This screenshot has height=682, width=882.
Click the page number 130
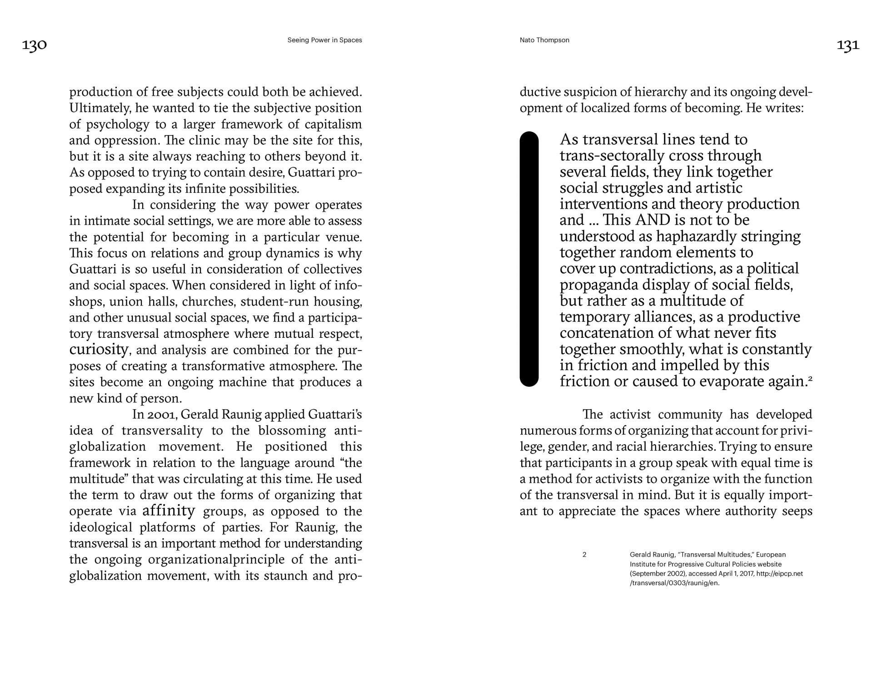[35, 45]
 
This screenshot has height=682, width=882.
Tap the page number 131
[848, 45]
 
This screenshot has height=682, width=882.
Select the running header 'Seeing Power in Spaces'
[324, 40]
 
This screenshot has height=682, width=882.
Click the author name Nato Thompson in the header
[544, 40]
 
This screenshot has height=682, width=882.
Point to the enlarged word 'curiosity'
[99, 349]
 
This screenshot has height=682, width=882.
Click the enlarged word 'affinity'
[169, 511]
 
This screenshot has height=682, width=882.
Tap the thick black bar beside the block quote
[529, 259]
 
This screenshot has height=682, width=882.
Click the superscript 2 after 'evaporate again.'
[810, 378]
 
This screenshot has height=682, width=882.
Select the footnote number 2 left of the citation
[584, 555]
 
